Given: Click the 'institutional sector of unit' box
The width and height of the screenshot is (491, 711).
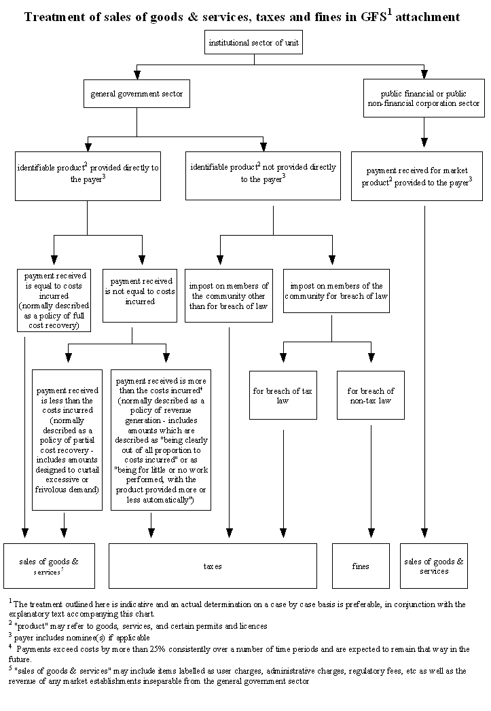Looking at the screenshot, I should click(x=253, y=42).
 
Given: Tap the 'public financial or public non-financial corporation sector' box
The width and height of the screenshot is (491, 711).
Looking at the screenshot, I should click(x=424, y=98).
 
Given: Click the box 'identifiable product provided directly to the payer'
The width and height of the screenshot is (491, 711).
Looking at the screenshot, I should click(x=87, y=175).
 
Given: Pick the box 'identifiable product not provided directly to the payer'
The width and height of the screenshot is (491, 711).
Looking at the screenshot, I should click(x=263, y=175).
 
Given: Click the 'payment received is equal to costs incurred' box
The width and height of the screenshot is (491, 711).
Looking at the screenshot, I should click(x=54, y=300).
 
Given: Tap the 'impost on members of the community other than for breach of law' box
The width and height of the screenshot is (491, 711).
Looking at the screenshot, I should click(x=229, y=295).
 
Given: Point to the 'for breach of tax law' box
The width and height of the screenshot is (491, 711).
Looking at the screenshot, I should click(x=283, y=395).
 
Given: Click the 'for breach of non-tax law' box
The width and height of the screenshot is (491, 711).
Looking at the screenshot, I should click(x=370, y=395).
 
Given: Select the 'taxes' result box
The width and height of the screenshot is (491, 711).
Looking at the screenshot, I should click(x=213, y=566).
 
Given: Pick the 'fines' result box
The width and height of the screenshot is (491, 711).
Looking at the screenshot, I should click(x=361, y=566).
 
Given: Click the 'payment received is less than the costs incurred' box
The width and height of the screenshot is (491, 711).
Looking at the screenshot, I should click(x=67, y=439).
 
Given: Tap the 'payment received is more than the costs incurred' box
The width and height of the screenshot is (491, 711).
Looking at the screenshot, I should click(x=161, y=439).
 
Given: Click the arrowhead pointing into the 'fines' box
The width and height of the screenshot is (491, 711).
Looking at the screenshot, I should click(x=371, y=532).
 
